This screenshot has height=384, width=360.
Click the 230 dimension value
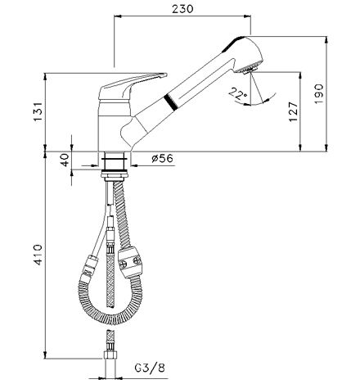pyautogui.click(x=182, y=9)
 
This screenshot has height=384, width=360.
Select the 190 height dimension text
pyautogui.click(x=318, y=93)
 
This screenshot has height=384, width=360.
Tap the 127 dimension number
pyautogui.click(x=293, y=112)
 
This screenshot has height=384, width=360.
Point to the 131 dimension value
pyautogui.click(x=38, y=112)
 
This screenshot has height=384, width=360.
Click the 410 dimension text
pyautogui.click(x=38, y=255)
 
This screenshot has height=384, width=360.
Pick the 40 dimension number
pyautogui.click(x=65, y=160)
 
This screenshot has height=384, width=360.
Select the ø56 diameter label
pyautogui.click(x=163, y=158)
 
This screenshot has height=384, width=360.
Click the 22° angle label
pyautogui.click(x=237, y=93)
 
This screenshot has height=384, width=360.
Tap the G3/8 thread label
pyautogui.click(x=150, y=368)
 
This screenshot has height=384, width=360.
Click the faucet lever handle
pyautogui.click(x=128, y=84)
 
